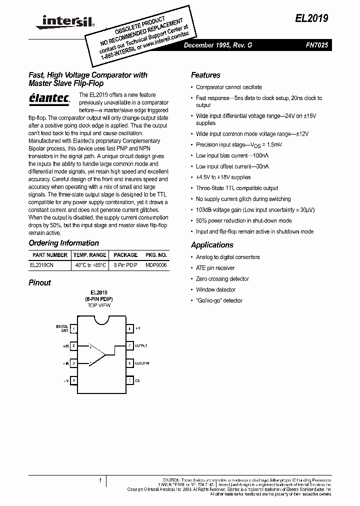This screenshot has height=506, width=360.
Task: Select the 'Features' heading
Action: (205, 75)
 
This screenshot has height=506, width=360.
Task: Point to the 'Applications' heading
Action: (212, 245)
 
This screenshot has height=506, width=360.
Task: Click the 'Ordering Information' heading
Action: (63, 243)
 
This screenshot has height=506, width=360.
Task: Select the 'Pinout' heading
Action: (39, 282)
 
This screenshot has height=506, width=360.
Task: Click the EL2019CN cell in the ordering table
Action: (41, 266)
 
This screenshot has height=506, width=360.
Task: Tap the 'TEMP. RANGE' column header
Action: (90, 255)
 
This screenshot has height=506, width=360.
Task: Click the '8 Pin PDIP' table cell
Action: (125, 266)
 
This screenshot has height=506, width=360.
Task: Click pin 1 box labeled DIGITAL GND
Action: (74, 328)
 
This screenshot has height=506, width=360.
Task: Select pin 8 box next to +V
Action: (129, 328)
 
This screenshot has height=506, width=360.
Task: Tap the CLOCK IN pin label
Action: (142, 363)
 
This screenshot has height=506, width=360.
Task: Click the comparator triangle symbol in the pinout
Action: (97, 354)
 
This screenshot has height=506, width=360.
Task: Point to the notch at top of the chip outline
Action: (102, 315)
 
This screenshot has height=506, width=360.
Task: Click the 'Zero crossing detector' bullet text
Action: (222, 279)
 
